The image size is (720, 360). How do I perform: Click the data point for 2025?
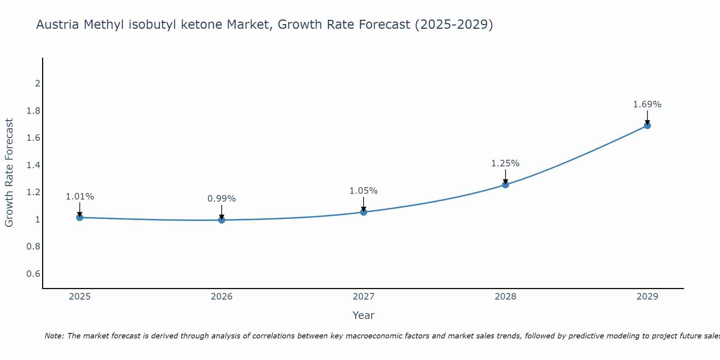tap(80, 217)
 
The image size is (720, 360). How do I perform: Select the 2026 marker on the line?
tap(222, 220)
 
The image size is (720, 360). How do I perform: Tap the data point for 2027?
tap(364, 212)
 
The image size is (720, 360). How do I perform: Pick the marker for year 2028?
tap(505, 185)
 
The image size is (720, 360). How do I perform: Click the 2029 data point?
tap(647, 126)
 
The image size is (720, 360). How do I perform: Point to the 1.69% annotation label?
tap(647, 104)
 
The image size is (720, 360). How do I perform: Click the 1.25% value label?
tap(505, 163)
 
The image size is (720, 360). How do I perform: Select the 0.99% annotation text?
tap(222, 199)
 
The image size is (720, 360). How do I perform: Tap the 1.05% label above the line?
tap(364, 191)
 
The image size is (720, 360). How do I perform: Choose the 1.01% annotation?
tap(80, 197)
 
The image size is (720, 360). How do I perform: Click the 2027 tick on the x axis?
tap(364, 297)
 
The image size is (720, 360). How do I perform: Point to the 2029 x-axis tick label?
tap(647, 297)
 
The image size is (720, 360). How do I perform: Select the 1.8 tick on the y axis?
tap(33, 111)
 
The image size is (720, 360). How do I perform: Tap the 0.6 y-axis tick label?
tap(33, 274)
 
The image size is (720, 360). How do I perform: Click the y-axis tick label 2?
tap(37, 84)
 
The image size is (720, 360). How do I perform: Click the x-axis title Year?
tap(364, 315)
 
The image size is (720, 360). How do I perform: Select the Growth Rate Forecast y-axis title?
tap(9, 173)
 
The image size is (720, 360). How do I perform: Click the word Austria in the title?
tap(58, 25)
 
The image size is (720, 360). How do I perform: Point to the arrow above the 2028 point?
tap(505, 177)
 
